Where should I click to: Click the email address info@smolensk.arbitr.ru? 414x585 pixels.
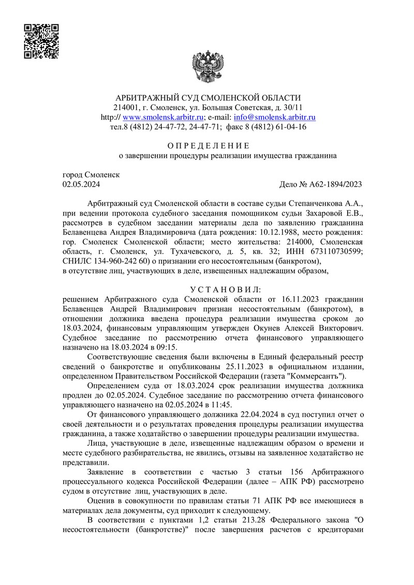tap(275, 117)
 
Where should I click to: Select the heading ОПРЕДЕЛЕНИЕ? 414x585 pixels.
tap(207, 145)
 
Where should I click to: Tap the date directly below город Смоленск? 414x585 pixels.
tap(81, 184)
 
